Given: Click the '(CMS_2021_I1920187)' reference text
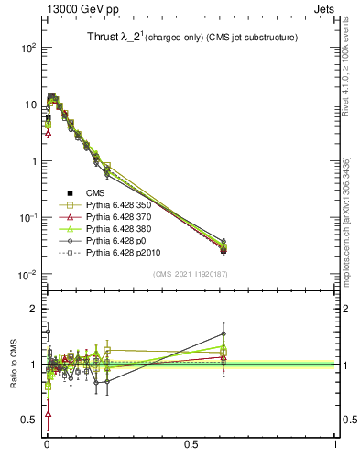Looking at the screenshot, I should pyautogui.click(x=191, y=274).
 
